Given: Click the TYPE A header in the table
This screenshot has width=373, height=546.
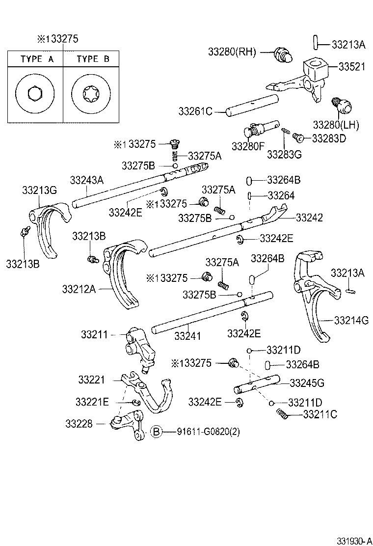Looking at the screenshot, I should click(37, 59).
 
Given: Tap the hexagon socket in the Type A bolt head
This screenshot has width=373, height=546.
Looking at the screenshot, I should click(35, 92).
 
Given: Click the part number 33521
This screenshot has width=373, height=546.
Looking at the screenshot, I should click(351, 67).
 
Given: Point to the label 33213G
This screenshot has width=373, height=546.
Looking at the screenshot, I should click(40, 190).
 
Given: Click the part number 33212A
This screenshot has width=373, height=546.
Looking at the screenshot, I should click(79, 288).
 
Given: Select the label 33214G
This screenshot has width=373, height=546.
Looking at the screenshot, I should click(351, 321).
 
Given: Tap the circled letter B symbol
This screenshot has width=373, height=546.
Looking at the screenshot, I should click(155, 432).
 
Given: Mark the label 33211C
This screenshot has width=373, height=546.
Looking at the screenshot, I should click(320, 414).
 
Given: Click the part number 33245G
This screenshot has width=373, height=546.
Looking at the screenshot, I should click(307, 382).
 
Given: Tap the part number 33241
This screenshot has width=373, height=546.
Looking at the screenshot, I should click(188, 336).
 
